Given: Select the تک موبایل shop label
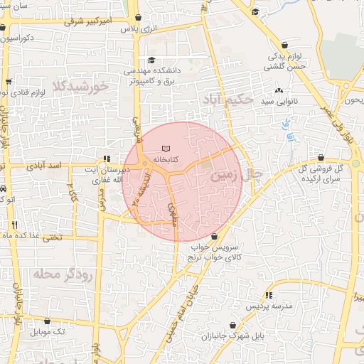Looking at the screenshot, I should click(48, 332).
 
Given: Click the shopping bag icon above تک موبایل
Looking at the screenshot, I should click(48, 321).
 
